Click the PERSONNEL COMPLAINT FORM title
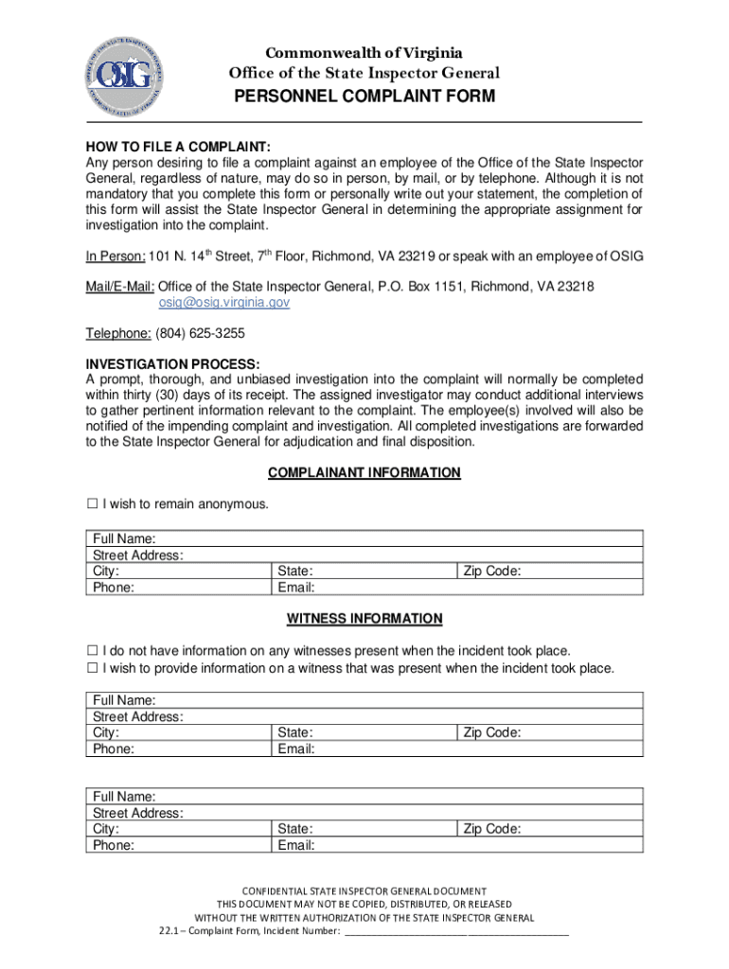[x=364, y=97]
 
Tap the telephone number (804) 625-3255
[x=206, y=334]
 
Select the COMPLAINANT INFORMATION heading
[x=364, y=472]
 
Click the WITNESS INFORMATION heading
[x=364, y=619]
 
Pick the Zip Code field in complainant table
[x=578, y=572]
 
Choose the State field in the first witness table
[x=379, y=732]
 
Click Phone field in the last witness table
[x=189, y=845]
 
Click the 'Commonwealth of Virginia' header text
[x=364, y=53]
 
